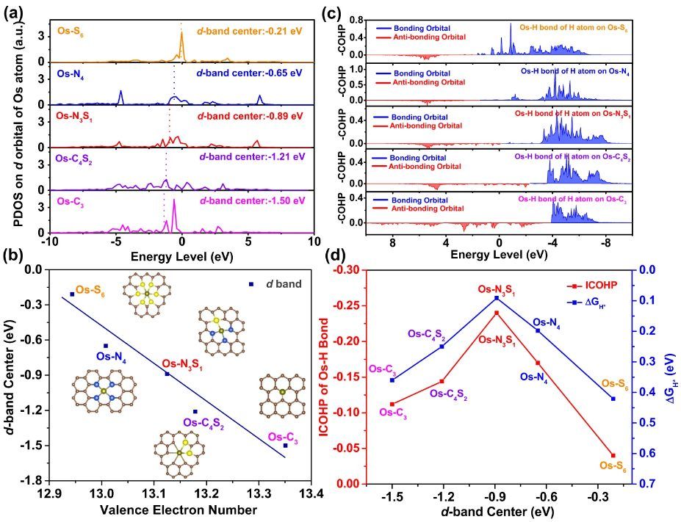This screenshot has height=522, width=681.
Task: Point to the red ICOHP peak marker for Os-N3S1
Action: coord(497,313)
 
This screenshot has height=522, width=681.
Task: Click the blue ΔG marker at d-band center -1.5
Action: coord(392,380)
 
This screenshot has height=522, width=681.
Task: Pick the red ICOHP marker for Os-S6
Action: coord(613,456)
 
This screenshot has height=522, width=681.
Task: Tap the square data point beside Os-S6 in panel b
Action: coord(72,294)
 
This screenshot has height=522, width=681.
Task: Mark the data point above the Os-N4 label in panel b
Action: coord(106,346)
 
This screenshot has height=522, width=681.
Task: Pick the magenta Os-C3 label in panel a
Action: coord(70,200)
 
